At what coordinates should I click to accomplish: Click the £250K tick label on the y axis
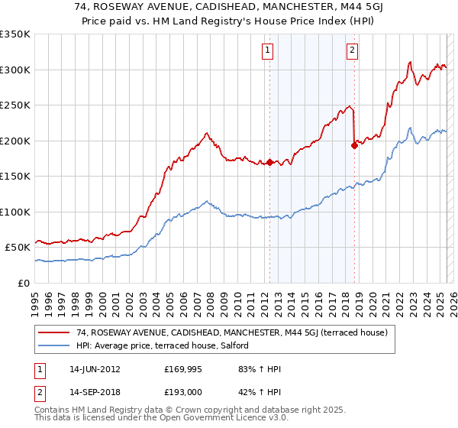(x=15, y=105)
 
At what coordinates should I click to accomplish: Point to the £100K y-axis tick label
(x=15, y=212)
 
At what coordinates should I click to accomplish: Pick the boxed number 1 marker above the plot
(x=269, y=51)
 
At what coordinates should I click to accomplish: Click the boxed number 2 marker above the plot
(x=352, y=51)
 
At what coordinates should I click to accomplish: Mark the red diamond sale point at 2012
(x=269, y=162)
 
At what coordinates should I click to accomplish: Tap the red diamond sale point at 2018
(x=353, y=146)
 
